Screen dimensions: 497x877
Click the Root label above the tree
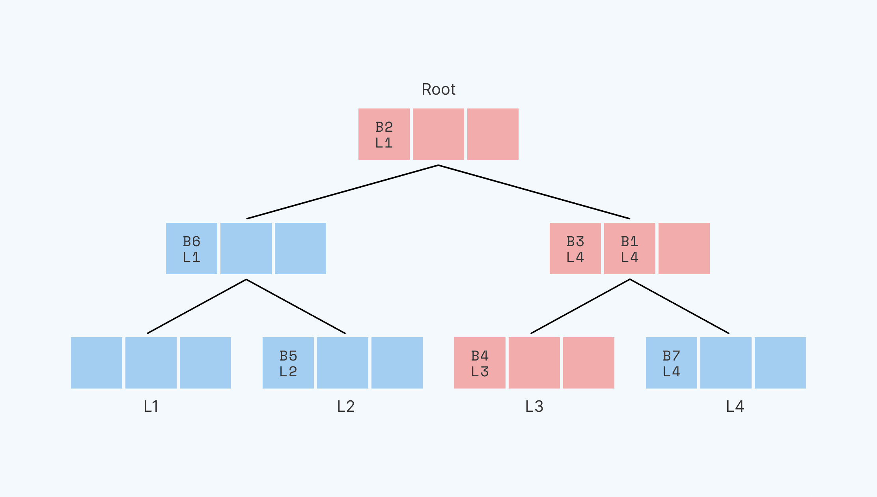point(438,90)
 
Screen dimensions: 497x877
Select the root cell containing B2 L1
point(384,134)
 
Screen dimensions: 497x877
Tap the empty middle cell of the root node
point(438,134)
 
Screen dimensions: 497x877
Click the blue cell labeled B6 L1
point(191,248)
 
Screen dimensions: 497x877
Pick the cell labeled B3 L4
point(575,248)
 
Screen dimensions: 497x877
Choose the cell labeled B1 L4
point(629,248)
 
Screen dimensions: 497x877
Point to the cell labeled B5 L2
point(288,363)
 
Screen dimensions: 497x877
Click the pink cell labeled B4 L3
point(480,363)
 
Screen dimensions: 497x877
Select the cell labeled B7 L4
point(671,363)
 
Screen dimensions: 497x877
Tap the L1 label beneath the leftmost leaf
point(151,406)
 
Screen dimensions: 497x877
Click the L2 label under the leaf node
point(346,406)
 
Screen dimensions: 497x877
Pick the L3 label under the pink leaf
point(534,406)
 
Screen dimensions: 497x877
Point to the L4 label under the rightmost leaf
point(735,406)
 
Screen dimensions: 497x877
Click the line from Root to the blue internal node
point(342,192)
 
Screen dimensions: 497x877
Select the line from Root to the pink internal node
point(534,192)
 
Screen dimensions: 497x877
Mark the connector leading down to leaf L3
point(580,306)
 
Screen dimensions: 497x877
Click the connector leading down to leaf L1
point(197,306)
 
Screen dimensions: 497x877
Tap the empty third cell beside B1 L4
point(684,248)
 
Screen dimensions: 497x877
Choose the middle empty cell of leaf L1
point(151,363)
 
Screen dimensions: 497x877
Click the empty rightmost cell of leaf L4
point(780,363)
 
